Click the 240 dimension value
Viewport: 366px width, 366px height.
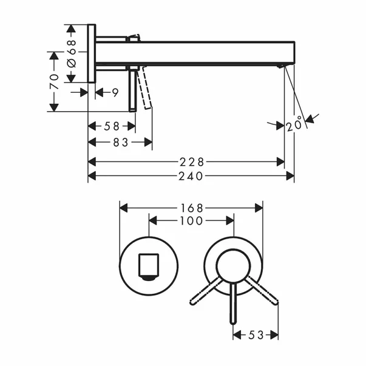click(191, 176)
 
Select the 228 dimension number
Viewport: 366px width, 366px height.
click(191, 162)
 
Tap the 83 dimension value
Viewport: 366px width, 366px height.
click(121, 142)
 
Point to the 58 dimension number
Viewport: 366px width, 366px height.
click(112, 126)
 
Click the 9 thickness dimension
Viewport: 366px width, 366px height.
click(115, 92)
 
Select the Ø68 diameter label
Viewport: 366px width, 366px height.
click(71, 53)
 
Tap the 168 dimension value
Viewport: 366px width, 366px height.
click(192, 208)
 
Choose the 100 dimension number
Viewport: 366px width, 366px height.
click(191, 222)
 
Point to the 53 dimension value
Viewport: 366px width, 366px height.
click(256, 335)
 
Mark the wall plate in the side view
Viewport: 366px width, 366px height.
click(92, 53)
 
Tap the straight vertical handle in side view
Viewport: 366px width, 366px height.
click(131, 89)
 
